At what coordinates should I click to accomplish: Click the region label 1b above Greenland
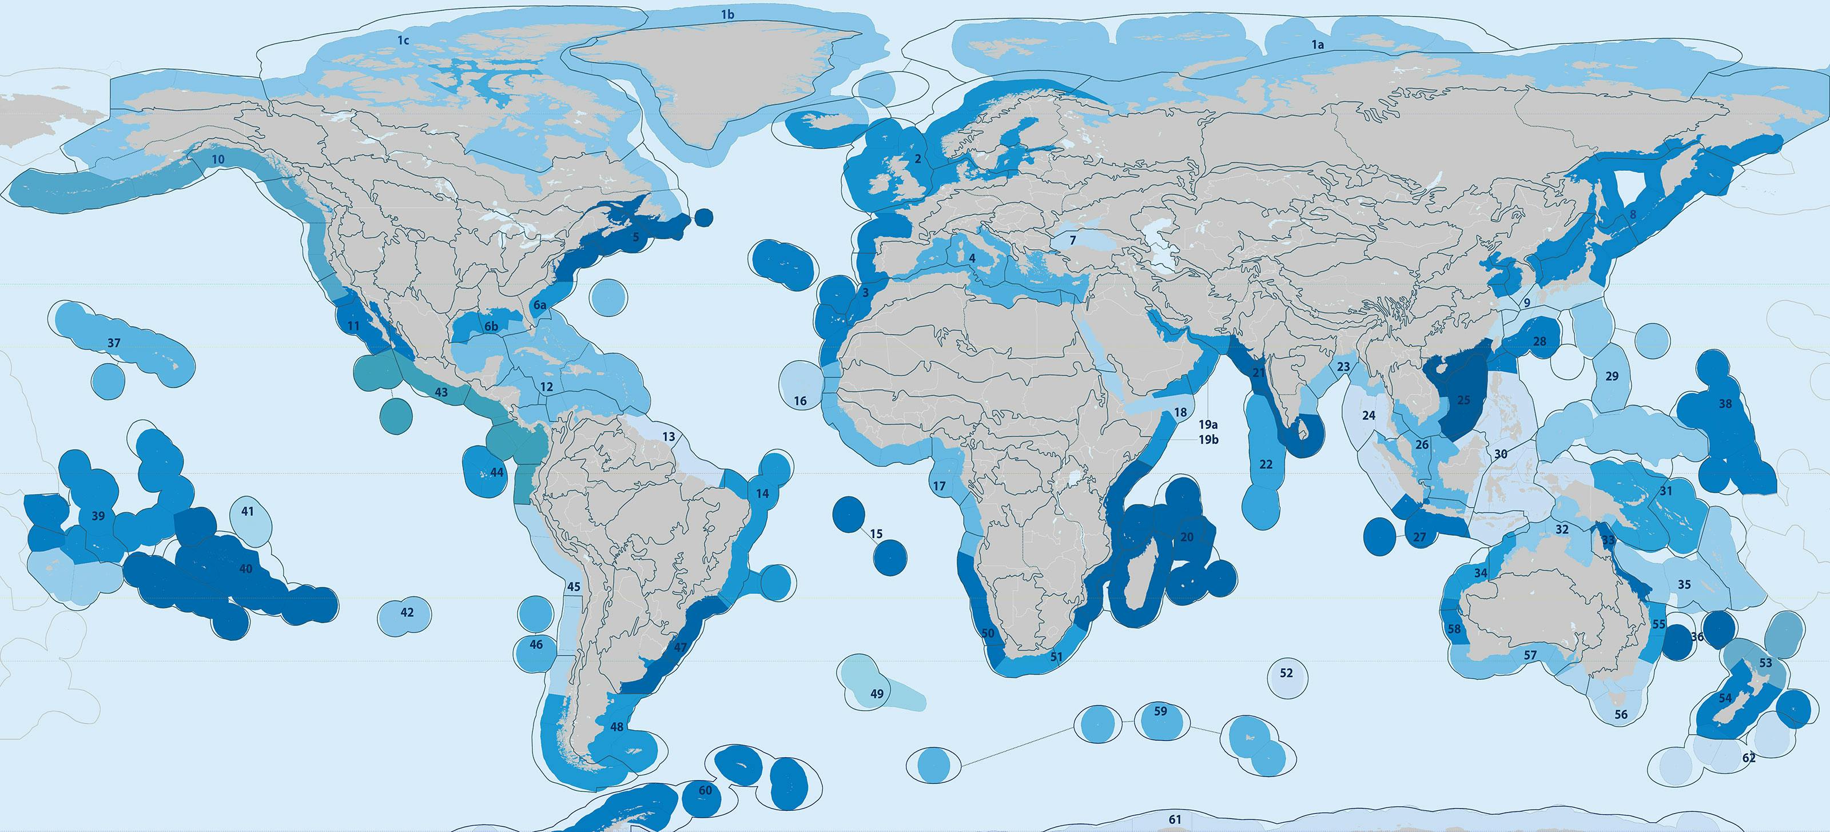(727, 14)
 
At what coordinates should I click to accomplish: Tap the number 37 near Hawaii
(114, 343)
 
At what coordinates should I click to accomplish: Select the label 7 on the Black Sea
(1073, 241)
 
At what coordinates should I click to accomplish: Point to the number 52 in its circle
(1286, 673)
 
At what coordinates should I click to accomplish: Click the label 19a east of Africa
(1208, 425)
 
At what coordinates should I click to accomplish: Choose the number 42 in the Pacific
(407, 612)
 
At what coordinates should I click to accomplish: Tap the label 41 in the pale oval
(247, 512)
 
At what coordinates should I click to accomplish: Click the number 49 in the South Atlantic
(877, 694)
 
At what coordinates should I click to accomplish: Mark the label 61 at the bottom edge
(1175, 820)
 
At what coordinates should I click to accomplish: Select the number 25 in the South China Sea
(1463, 401)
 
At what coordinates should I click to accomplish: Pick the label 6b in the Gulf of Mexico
(491, 328)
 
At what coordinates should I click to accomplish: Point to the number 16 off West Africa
(800, 401)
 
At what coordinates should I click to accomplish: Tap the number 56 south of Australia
(1621, 715)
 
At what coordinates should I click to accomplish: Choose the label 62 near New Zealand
(1748, 759)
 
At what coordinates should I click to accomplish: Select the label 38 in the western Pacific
(1725, 404)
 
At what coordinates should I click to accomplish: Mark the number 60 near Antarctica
(705, 791)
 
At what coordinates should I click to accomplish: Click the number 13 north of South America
(669, 437)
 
